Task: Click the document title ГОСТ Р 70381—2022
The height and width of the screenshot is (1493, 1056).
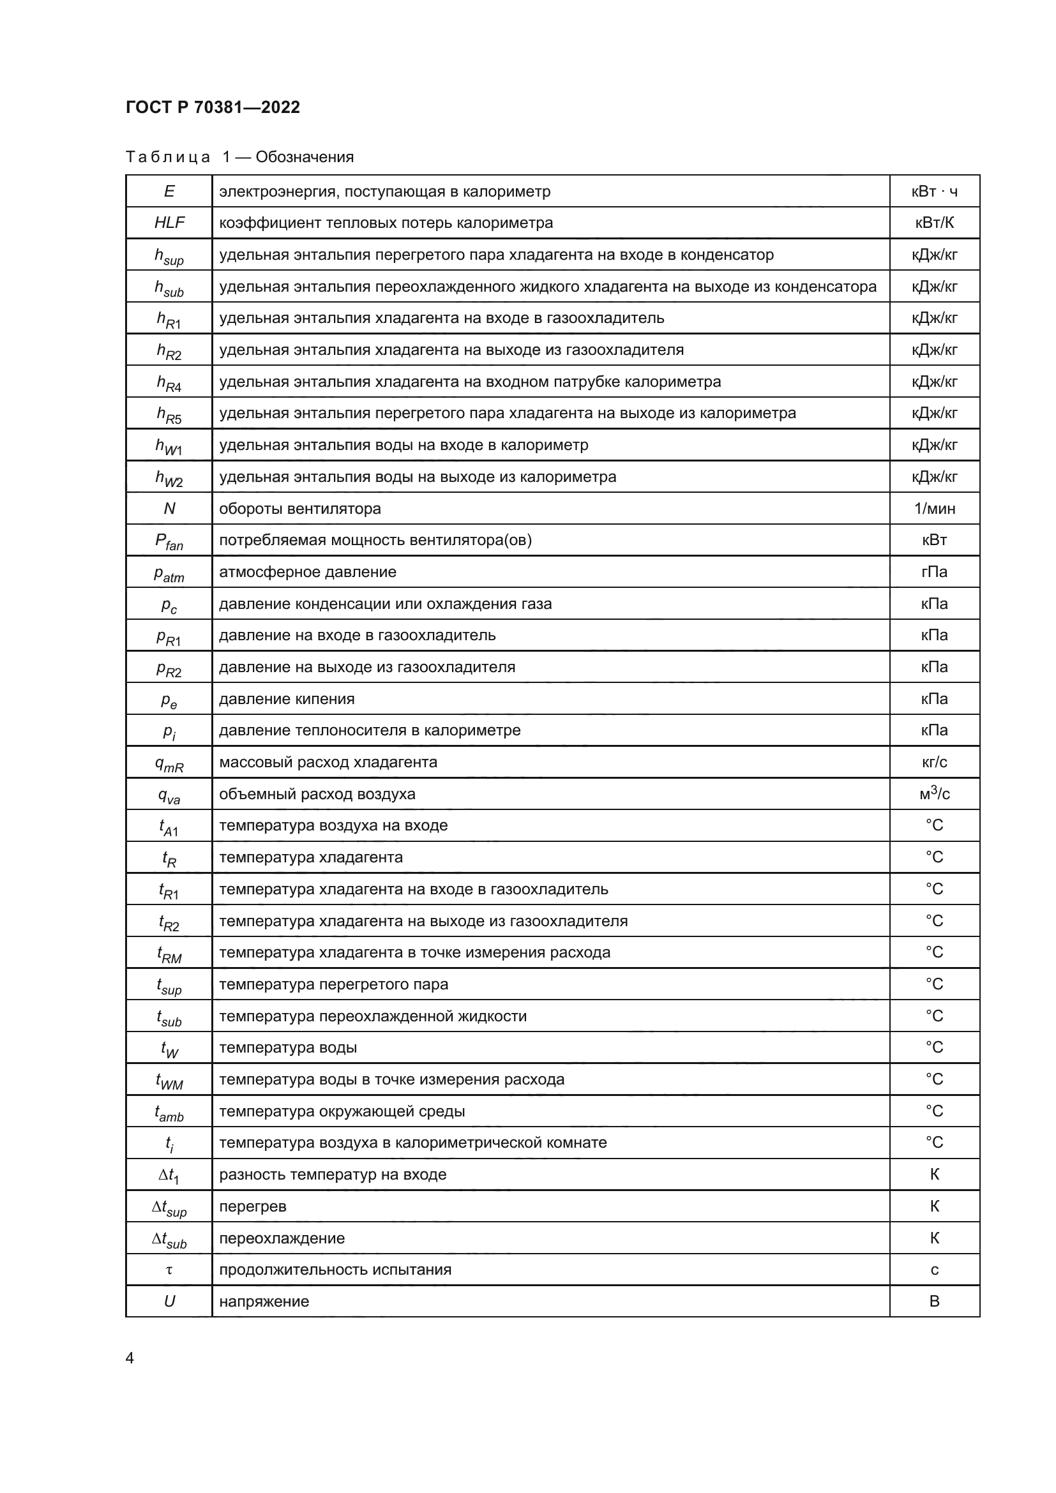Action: [x=213, y=107]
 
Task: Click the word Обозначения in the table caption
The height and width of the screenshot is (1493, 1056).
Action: [x=305, y=157]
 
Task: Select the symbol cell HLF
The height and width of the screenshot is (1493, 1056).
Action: [x=169, y=223]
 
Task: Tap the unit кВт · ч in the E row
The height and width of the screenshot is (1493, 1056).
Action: [x=934, y=191]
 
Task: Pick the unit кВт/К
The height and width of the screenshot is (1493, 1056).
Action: [x=934, y=223]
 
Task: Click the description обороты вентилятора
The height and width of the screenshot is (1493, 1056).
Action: [x=300, y=509]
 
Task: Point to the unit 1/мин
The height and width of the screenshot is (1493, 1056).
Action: [x=934, y=509]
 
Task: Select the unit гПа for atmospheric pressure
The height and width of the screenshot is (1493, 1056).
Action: [x=934, y=572]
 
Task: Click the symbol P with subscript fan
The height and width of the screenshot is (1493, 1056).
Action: [x=169, y=542]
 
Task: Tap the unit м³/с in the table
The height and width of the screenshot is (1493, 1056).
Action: [x=934, y=794]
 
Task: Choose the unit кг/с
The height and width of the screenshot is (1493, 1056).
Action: [x=934, y=762]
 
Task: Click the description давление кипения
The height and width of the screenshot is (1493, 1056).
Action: [x=287, y=699]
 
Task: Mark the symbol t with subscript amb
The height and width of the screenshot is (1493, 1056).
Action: [x=169, y=1113]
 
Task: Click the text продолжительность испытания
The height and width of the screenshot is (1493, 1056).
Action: [x=335, y=1270]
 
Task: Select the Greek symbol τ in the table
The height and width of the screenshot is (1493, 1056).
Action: [x=169, y=1270]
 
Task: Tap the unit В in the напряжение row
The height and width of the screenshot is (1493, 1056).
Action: [x=934, y=1301]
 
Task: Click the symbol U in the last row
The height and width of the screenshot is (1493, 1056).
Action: [x=169, y=1301]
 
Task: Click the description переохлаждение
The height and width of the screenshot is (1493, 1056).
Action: [x=282, y=1238]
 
